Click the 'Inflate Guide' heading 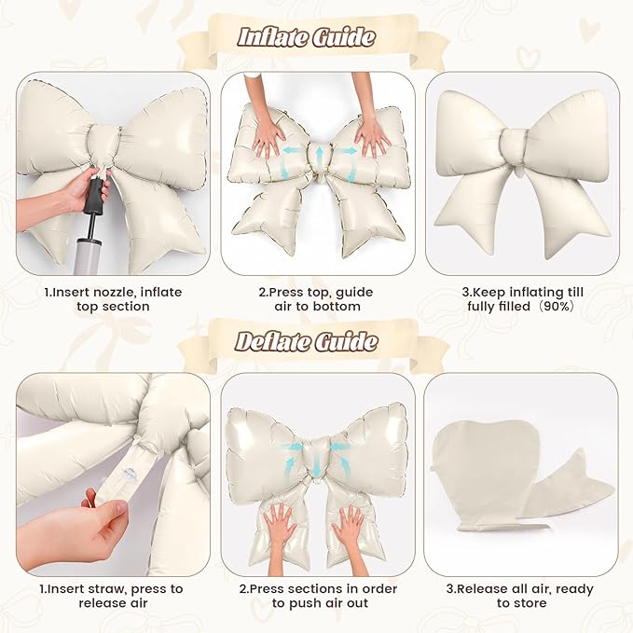(307, 37)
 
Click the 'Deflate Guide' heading (307, 341)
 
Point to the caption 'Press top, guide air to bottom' (317, 299)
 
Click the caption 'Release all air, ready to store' (520, 596)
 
